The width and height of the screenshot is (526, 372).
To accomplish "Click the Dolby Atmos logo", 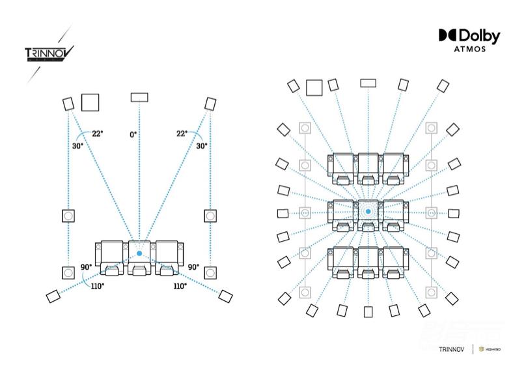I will point(469,40).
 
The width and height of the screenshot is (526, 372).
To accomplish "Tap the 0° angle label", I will point(133,134).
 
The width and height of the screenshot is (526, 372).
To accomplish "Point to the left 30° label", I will point(77,146).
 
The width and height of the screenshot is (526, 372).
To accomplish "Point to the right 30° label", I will point(202,146).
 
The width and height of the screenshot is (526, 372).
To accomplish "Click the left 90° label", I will point(85,267).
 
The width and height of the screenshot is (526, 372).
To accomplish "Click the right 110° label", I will point(180,285).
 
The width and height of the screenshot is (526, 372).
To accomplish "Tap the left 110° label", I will point(97,285).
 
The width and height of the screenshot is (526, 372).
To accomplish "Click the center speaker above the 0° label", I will point(139,97).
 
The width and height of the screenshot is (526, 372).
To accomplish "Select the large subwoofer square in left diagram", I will point(90,102).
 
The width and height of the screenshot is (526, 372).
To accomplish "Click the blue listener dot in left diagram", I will point(139,253).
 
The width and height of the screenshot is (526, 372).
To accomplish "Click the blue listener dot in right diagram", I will point(368,212).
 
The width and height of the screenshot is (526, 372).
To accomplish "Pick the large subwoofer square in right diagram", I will point(315,87).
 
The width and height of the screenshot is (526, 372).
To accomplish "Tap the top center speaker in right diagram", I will point(368,83).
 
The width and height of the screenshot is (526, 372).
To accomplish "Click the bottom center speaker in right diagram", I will point(368,311).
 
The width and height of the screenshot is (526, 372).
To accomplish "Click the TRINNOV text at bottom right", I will point(452,349).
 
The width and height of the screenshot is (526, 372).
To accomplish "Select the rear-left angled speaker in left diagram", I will point(53,296).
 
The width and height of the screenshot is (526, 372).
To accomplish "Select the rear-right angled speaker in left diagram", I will point(225,296).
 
